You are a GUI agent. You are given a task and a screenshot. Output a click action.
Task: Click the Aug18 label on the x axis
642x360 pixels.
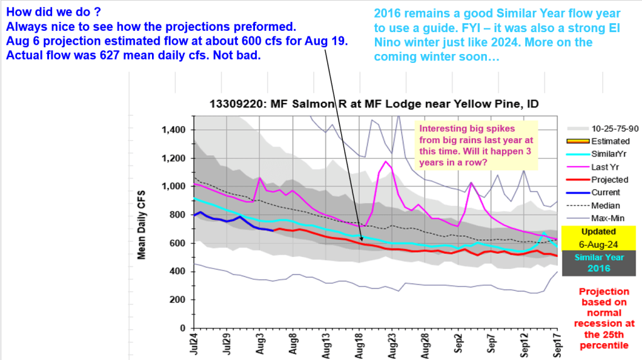[360, 346]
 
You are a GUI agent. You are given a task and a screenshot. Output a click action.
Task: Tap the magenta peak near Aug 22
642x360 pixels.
[386, 161]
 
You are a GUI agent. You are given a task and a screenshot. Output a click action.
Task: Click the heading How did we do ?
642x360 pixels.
[46, 12]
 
